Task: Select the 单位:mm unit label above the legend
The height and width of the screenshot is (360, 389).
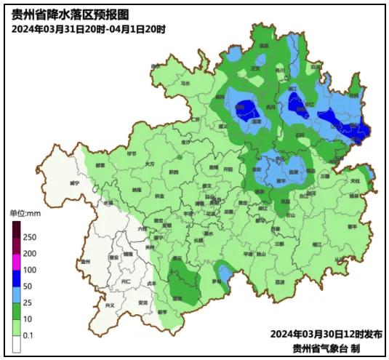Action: pos(26,214)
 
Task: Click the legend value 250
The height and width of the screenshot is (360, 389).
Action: pos(31,237)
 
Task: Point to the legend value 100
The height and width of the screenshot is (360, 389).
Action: pos(31,270)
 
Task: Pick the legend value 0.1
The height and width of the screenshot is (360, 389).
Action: pos(29,335)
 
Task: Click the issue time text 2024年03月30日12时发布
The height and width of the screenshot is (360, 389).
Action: pos(326,334)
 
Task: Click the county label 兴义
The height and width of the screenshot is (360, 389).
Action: pos(111,305)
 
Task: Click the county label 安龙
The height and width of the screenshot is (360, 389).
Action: pos(143,302)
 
